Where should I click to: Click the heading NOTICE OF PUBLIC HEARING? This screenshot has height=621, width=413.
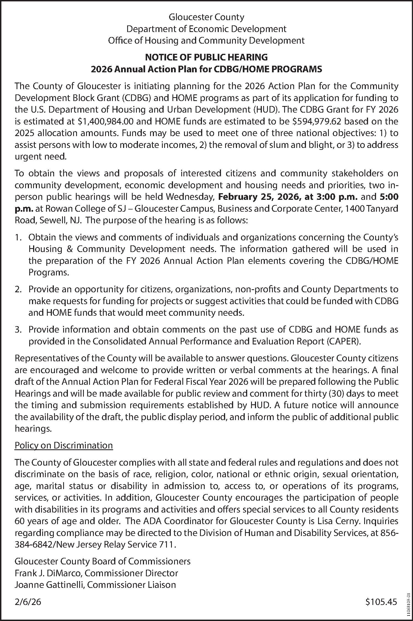[206, 57]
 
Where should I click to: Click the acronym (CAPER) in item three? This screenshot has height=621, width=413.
[344, 341]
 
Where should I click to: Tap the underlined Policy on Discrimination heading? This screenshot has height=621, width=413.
[64, 445]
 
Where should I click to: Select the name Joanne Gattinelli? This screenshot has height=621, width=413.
[50, 585]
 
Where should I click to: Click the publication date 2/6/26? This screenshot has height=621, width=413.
[28, 602]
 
